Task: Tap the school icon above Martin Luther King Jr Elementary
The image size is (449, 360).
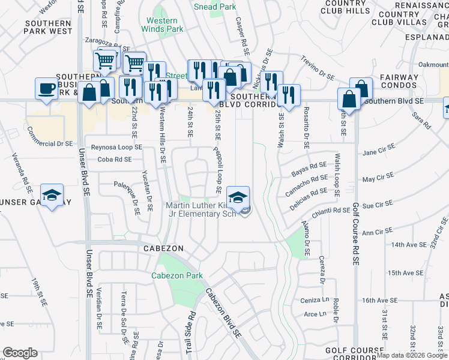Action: pos(238,196)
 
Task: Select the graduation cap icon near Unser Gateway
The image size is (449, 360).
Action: pos(52,194)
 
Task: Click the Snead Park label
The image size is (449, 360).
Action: pos(214,7)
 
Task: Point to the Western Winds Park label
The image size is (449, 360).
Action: pos(164,24)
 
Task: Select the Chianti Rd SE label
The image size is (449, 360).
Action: pos(330,211)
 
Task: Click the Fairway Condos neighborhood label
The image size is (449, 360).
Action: pos(399,80)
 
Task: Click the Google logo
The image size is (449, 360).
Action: pos(20,353)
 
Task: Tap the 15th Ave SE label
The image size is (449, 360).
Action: pos(406,273)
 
